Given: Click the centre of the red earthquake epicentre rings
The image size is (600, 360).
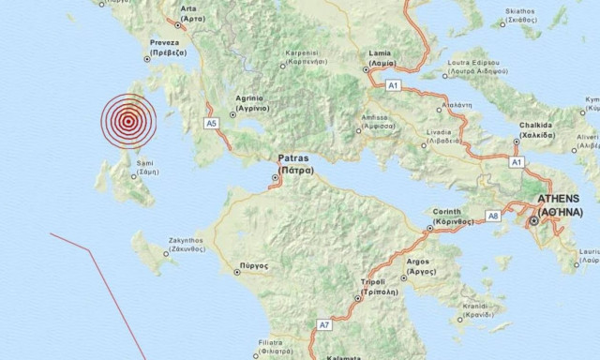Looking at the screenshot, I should (x=127, y=121).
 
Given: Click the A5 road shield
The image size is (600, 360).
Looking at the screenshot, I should (x=211, y=123).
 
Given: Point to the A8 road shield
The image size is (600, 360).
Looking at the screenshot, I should (x=493, y=217).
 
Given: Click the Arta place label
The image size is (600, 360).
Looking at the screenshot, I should (x=190, y=13).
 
